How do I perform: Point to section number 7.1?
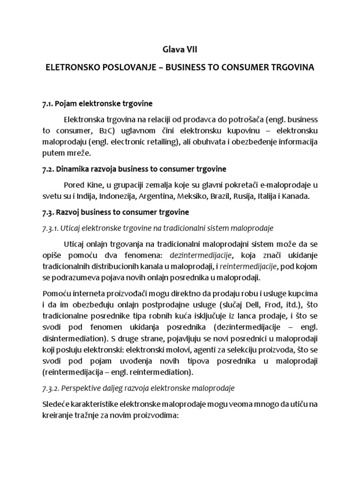(x=48, y=103)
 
